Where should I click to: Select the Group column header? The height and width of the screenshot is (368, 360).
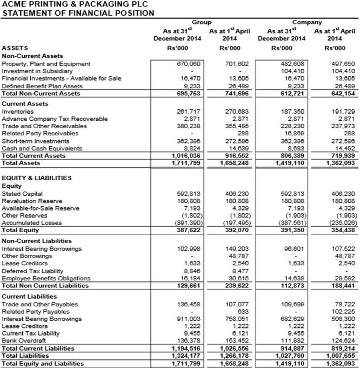click(202, 22)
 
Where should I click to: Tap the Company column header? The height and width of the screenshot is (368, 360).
click(306, 22)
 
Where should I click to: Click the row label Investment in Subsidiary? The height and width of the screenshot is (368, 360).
click(37, 71)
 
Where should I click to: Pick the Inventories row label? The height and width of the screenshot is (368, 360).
click(17, 111)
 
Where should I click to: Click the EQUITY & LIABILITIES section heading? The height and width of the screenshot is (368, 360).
click(37, 178)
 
